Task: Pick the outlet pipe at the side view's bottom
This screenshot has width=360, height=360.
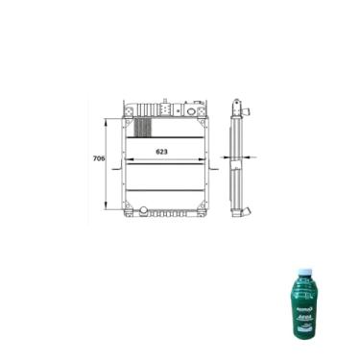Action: click(248, 212)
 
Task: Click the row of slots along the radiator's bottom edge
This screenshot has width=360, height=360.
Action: click(173, 212)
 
